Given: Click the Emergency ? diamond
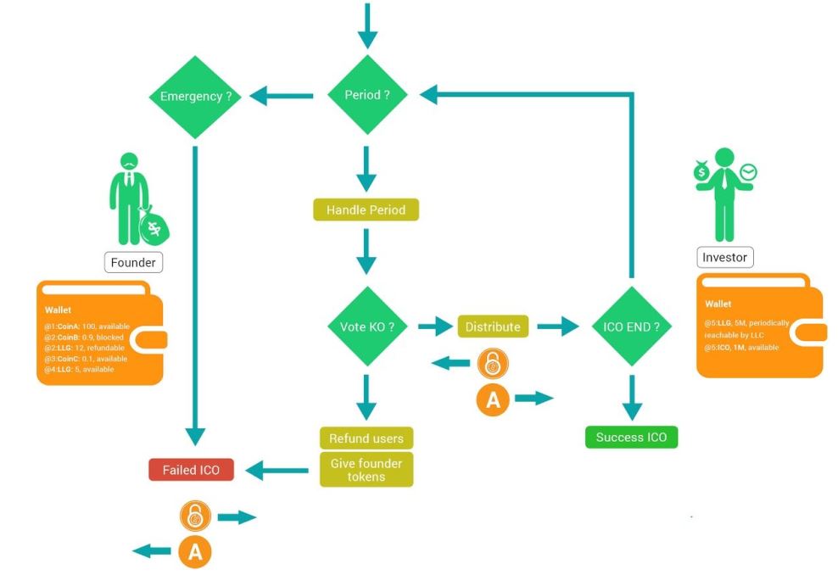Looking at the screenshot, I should pyautogui.click(x=196, y=97).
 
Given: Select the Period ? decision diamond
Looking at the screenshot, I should pyautogui.click(x=366, y=95).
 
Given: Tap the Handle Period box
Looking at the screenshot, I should pyautogui.click(x=366, y=209).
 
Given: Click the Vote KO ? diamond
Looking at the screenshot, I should pyautogui.click(x=366, y=326).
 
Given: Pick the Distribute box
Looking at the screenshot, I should pyautogui.click(x=493, y=326).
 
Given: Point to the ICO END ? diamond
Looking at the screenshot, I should pyautogui.click(x=631, y=326).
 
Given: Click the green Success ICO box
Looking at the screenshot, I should pyautogui.click(x=631, y=438).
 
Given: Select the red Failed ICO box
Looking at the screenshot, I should pyautogui.click(x=191, y=469).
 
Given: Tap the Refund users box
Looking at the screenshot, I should pyautogui.click(x=366, y=438).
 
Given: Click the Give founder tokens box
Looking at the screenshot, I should pyautogui.click(x=366, y=469).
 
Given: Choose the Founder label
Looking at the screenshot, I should pyautogui.click(x=133, y=262).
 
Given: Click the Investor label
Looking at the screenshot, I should pyautogui.click(x=726, y=257).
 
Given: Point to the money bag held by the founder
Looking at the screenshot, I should pyautogui.click(x=155, y=226).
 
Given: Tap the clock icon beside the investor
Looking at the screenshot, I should pyautogui.click(x=747, y=173).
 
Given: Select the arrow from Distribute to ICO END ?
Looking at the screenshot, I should pyautogui.click(x=557, y=326).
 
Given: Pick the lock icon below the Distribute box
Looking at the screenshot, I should pyautogui.click(x=491, y=364).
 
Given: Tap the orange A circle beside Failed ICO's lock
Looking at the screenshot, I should pyautogui.click(x=194, y=552).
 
